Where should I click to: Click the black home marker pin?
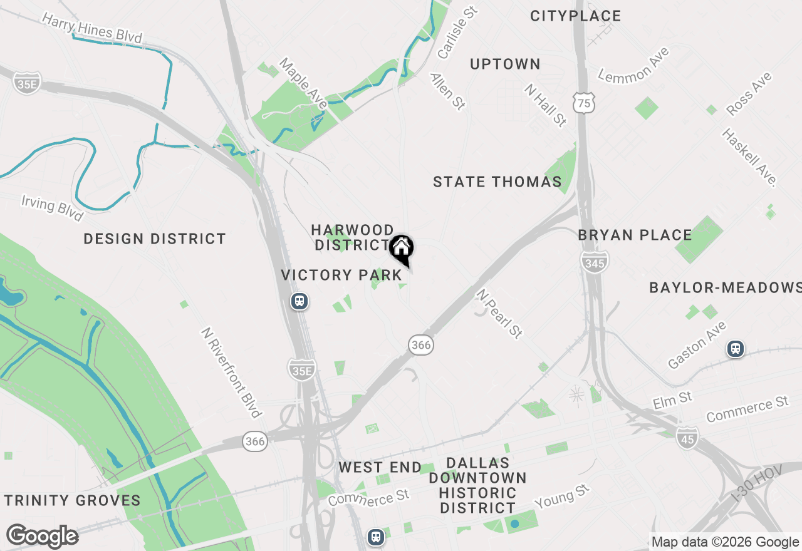(x=401, y=249)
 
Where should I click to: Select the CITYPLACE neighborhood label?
(x=575, y=16)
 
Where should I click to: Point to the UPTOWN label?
(x=505, y=64)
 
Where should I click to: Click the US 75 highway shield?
(x=583, y=103)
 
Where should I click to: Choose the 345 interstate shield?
(x=594, y=263)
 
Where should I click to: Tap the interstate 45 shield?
(x=687, y=440)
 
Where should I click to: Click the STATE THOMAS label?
(x=497, y=182)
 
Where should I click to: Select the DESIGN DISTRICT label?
(x=155, y=239)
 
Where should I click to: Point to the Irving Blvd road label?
(x=52, y=208)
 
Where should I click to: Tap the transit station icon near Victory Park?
(x=300, y=302)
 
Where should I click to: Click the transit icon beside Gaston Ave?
(x=736, y=349)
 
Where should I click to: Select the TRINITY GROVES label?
(x=73, y=500)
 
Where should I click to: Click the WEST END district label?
(x=380, y=468)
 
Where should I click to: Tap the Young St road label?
(x=562, y=498)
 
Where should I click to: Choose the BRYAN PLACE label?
(x=635, y=235)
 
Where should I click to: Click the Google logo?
(x=42, y=537)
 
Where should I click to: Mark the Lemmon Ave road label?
(x=633, y=65)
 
